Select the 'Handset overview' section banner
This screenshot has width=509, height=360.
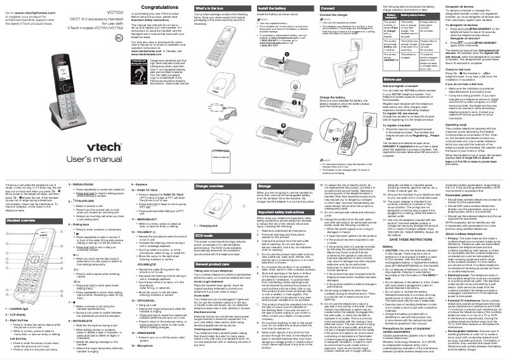tap(29, 204)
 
